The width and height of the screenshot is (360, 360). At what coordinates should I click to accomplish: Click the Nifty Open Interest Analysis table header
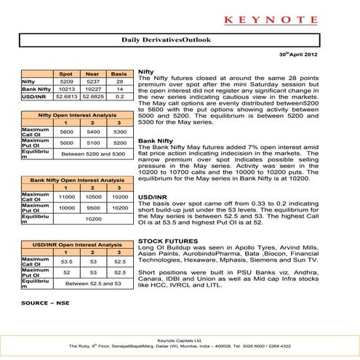pos(76,116)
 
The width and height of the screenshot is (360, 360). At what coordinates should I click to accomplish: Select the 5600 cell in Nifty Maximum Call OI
pos(66,132)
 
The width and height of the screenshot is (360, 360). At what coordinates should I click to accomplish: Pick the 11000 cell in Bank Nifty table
pos(66,196)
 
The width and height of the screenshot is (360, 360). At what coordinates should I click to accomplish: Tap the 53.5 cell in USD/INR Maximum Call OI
pos(66,260)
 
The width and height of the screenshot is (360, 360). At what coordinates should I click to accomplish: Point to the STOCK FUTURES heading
pos(169,240)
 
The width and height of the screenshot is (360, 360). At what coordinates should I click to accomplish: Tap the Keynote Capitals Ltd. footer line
pos(180,340)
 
